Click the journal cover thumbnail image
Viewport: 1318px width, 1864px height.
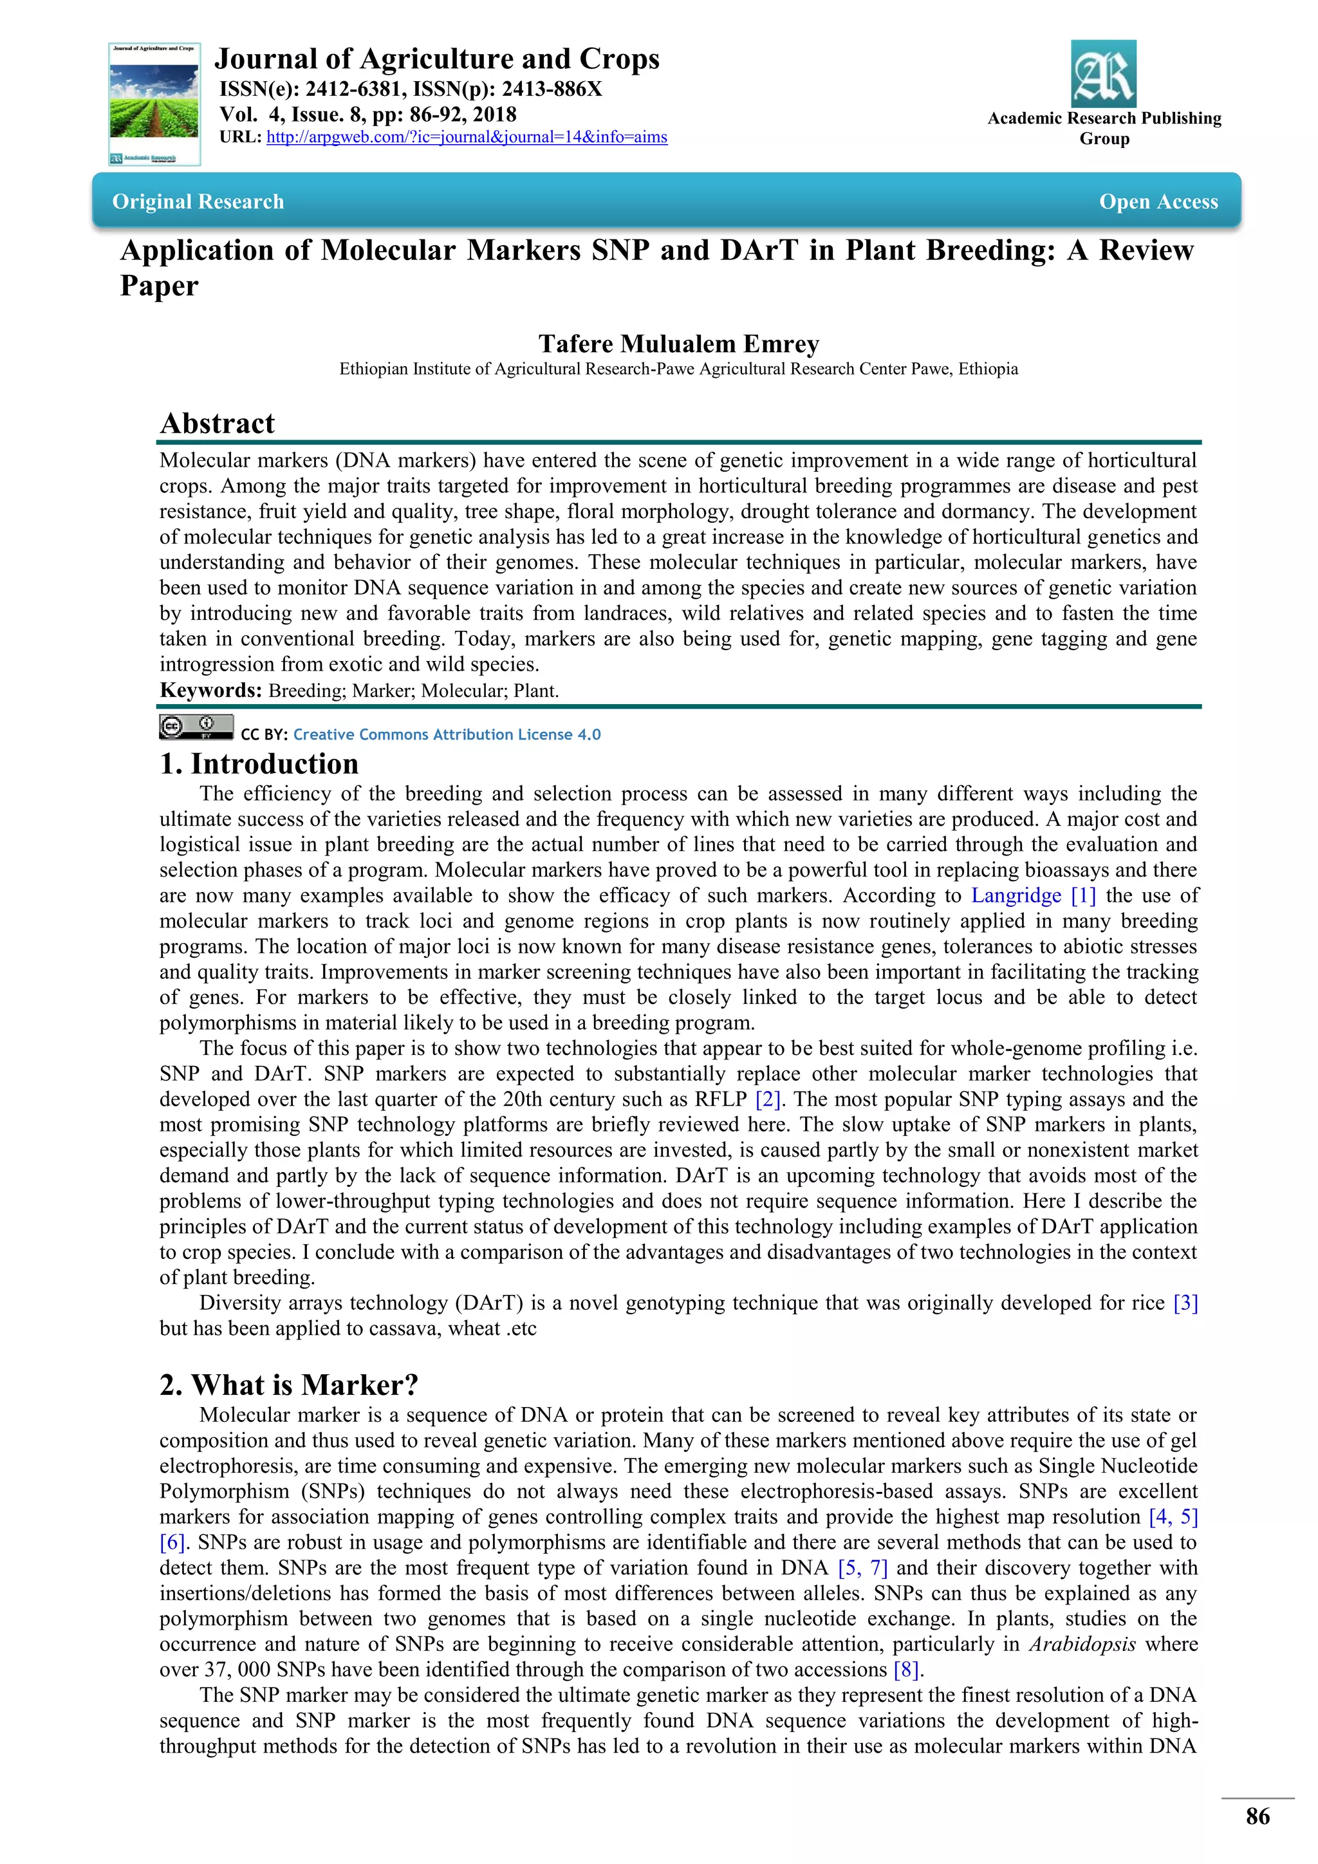coord(154,104)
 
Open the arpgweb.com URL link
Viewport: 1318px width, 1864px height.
coord(467,137)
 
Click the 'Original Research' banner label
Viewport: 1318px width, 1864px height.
coord(198,201)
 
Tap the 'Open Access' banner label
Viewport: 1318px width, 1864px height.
coord(1158,201)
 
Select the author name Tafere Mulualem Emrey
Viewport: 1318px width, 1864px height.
coord(678,344)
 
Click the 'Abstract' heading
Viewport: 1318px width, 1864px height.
coord(218,423)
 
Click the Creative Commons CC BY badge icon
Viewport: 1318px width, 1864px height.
coord(196,727)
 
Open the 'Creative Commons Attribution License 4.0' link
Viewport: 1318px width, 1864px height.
coord(447,734)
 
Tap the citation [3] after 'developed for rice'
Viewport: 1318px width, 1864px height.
coord(1185,1302)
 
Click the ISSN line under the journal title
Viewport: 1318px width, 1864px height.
coord(411,89)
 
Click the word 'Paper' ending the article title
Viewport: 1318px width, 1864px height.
coord(159,286)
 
